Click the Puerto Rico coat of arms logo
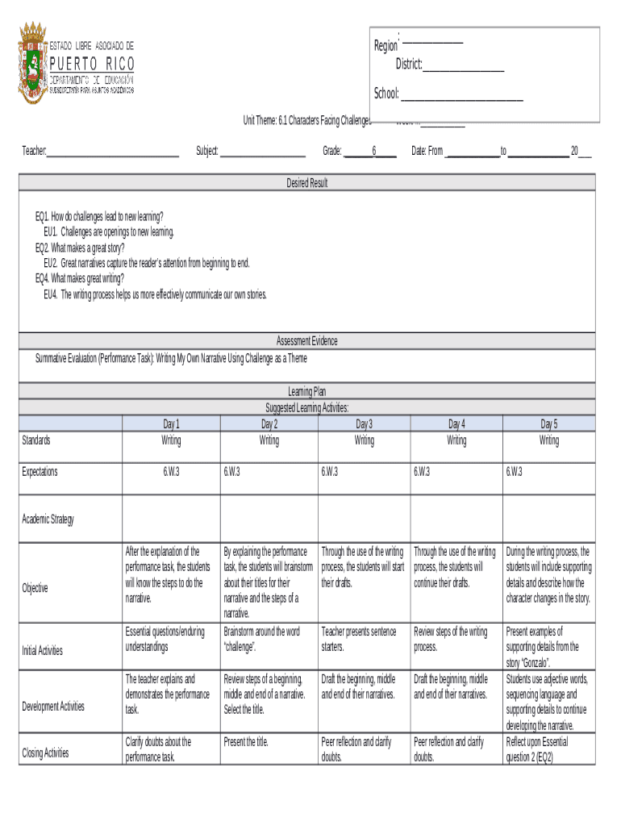pos(33,62)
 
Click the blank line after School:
pos(462,95)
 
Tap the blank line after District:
pos(464,65)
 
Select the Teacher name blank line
pos(113,152)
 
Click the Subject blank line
pos(262,152)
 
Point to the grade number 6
pos(374,151)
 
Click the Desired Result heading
pos(307,183)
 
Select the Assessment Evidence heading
pos(307,341)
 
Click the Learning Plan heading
pos(307,391)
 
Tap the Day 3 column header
pos(365,424)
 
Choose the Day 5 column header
pos(549,424)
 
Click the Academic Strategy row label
pos(48,519)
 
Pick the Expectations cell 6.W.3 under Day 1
pos(171,472)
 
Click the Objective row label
pos(35,588)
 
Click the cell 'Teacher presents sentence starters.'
pos(359,639)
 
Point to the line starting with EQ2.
pos(80,248)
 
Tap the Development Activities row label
pos(53,707)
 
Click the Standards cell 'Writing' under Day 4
pos(456,440)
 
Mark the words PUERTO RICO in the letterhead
pos(93,64)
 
